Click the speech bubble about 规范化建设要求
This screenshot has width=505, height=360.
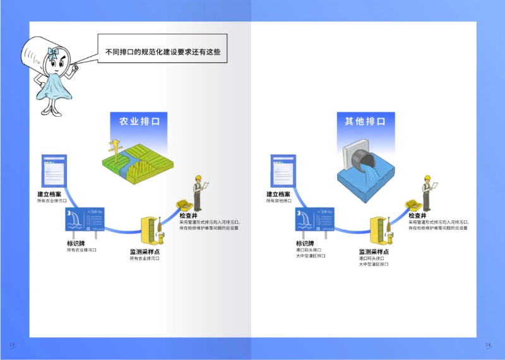[163, 52]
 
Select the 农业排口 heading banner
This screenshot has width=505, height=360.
[140, 121]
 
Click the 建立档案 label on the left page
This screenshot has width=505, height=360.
[49, 195]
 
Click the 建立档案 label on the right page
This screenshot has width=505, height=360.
[278, 195]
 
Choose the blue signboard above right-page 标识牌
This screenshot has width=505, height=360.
[314, 221]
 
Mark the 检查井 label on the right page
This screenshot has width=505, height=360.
[418, 216]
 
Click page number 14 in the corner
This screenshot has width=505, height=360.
[488, 345]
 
